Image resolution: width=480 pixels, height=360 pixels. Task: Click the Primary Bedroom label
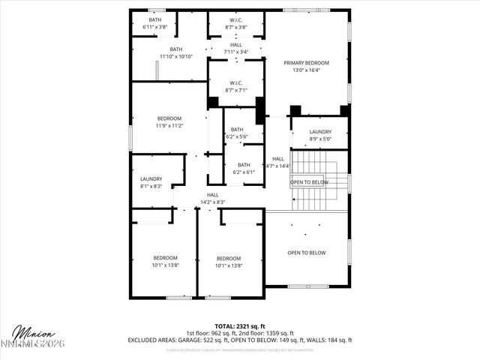point(307,63)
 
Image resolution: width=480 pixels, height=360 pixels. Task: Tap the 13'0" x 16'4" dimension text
point(307,70)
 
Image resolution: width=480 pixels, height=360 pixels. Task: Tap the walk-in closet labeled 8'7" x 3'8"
point(235,23)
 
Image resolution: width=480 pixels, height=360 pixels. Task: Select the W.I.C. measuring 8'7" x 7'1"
point(235,86)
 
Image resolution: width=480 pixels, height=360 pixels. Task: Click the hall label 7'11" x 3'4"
point(235,49)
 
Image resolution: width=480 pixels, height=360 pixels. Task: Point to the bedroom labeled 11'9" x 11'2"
point(169,122)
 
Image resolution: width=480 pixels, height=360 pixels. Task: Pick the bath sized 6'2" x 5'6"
point(237,133)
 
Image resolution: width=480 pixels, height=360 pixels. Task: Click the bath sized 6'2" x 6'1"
point(244,168)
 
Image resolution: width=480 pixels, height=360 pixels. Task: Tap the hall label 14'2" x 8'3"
point(213,199)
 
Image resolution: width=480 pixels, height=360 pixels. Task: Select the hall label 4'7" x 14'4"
point(278,162)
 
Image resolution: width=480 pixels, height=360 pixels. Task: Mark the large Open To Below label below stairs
point(307,253)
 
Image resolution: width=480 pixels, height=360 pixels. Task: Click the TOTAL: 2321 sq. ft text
point(239,325)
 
